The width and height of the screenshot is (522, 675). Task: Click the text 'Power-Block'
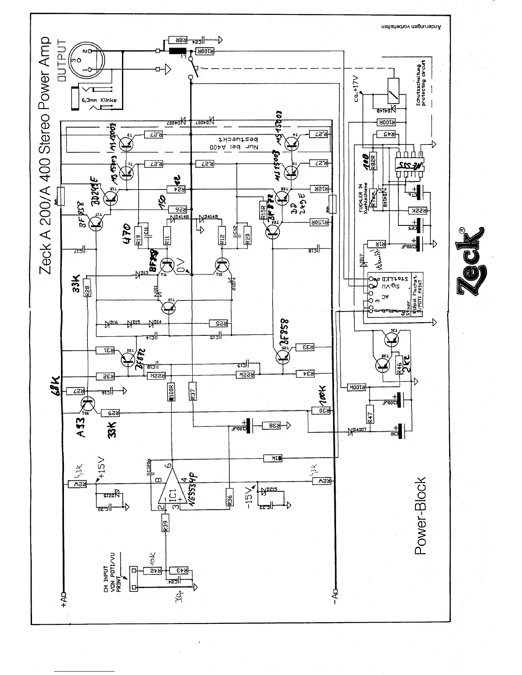(420, 516)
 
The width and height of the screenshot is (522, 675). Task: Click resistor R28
(87, 290)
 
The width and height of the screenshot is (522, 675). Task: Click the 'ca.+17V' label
(358, 85)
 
